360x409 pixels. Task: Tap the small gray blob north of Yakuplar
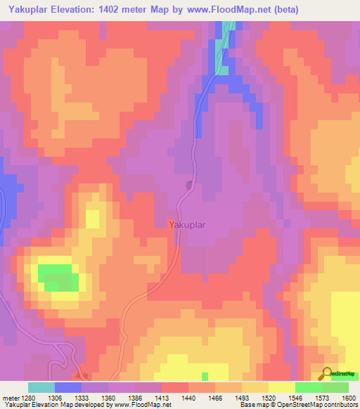pyautogui.click(x=189, y=186)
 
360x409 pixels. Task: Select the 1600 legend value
pyautogui.click(x=348, y=397)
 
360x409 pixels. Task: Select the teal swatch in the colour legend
pyautogui.click(x=41, y=387)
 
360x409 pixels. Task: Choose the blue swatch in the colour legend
pyautogui.click(x=68, y=387)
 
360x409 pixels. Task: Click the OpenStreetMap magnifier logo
pyautogui.click(x=328, y=374)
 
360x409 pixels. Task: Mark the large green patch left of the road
pyautogui.click(x=58, y=277)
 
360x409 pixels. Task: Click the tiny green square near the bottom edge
pyautogui.click(x=205, y=376)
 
